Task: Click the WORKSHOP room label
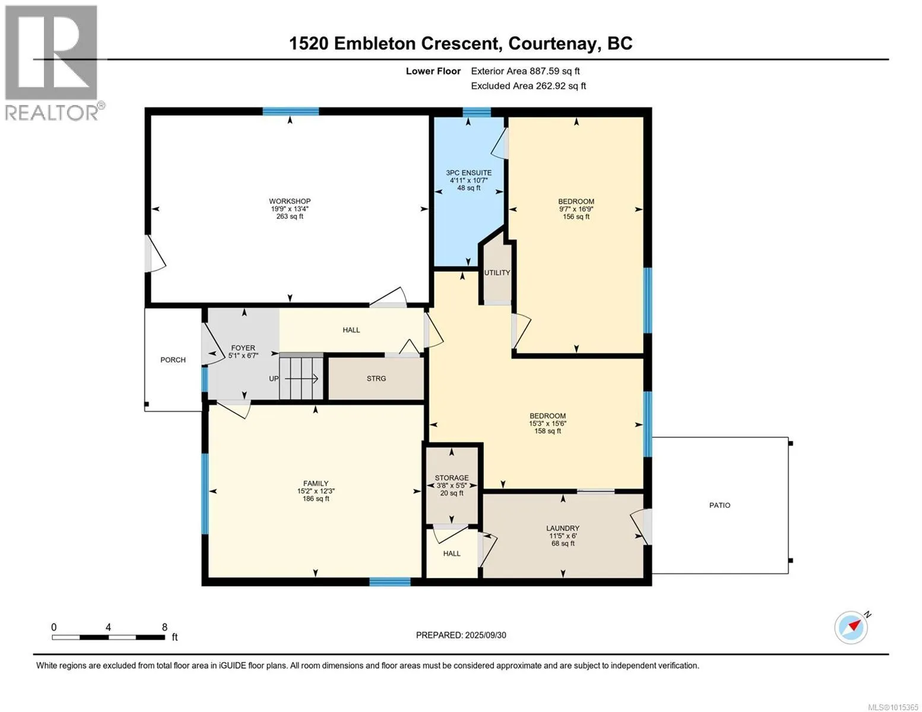click(x=289, y=201)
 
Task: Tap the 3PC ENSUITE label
click(x=468, y=173)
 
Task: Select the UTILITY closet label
click(x=497, y=273)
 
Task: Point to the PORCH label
click(x=173, y=360)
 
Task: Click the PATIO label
click(x=720, y=505)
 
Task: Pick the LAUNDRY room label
click(x=563, y=528)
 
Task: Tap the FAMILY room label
click(x=316, y=483)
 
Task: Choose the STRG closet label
click(x=376, y=379)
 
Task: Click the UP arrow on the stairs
click(x=301, y=379)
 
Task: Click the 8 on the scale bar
click(x=164, y=627)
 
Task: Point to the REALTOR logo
click(x=53, y=63)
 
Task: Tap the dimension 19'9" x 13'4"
click(x=289, y=209)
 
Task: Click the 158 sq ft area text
click(x=547, y=431)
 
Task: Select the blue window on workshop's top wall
click(x=291, y=112)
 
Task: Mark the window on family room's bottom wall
click(x=390, y=581)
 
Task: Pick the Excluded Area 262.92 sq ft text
click(x=528, y=85)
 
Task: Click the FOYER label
click(x=243, y=348)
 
